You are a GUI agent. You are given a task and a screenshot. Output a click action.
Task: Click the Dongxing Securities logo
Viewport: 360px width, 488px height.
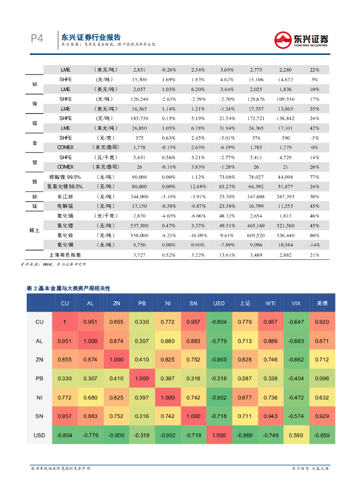301,39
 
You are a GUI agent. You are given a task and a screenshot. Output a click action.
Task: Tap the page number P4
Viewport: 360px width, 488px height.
37,39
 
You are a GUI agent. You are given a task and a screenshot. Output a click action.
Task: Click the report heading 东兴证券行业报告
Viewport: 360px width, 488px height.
91,37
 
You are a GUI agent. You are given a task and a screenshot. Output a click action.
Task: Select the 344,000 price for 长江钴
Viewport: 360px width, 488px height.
140,196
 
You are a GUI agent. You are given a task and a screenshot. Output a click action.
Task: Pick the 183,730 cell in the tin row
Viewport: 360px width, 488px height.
140,118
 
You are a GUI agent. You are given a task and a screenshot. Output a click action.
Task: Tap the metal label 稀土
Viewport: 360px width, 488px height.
35,230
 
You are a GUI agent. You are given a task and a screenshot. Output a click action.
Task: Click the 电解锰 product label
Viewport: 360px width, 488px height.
65,206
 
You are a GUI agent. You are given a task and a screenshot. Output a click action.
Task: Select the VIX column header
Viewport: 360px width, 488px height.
296,303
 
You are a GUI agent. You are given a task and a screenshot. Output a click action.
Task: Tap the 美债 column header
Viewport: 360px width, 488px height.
322,303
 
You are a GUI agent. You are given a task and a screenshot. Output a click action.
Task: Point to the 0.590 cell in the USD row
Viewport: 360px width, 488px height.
296,436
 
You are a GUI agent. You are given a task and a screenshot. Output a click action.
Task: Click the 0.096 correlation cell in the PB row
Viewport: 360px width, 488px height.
322,378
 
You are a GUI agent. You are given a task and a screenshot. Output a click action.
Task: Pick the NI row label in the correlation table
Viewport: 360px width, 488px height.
40,397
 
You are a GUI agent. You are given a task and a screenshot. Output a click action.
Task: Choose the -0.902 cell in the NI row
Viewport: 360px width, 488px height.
219,397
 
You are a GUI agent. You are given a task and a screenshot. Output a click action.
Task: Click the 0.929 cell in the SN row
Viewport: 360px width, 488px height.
322,417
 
